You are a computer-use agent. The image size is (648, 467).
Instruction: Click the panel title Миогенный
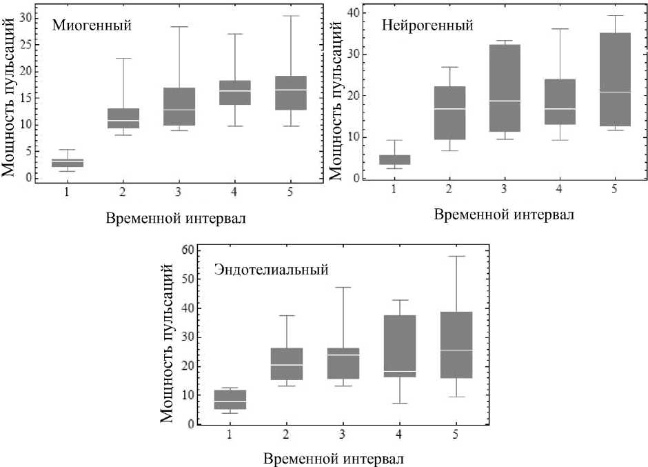point(92,26)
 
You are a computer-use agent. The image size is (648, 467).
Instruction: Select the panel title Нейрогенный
point(427,26)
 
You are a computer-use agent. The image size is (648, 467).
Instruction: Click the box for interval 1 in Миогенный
point(67,163)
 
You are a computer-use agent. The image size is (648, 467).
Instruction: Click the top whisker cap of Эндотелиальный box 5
point(456,256)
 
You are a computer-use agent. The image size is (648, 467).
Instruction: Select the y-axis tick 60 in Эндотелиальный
point(186,249)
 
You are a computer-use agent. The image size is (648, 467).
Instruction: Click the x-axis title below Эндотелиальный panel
point(334,457)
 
